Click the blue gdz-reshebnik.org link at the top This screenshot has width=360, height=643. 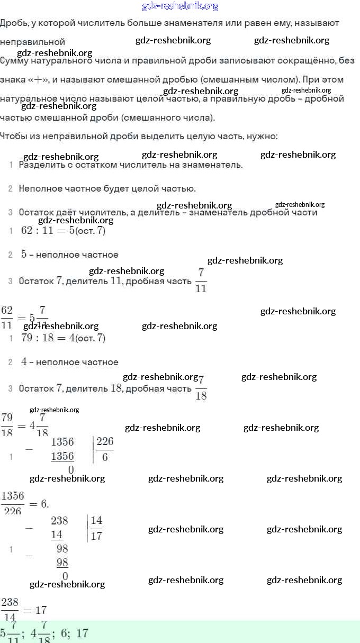click(180, 6)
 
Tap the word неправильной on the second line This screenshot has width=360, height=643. click(33, 41)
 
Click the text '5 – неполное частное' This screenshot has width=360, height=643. click(69, 255)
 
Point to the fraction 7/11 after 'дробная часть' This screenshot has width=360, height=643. click(201, 280)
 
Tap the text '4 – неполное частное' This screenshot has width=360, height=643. click(69, 362)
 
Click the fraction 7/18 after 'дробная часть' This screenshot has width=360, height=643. click(201, 387)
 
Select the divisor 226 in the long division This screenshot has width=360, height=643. click(105, 442)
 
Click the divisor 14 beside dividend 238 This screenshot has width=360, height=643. click(96, 521)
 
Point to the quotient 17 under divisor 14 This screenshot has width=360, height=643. click(96, 536)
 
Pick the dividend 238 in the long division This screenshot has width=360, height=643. click(59, 521)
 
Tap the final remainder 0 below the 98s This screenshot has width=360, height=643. click(65, 576)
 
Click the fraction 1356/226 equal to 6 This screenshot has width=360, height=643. click(13, 503)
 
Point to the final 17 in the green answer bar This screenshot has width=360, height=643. click(82, 633)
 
